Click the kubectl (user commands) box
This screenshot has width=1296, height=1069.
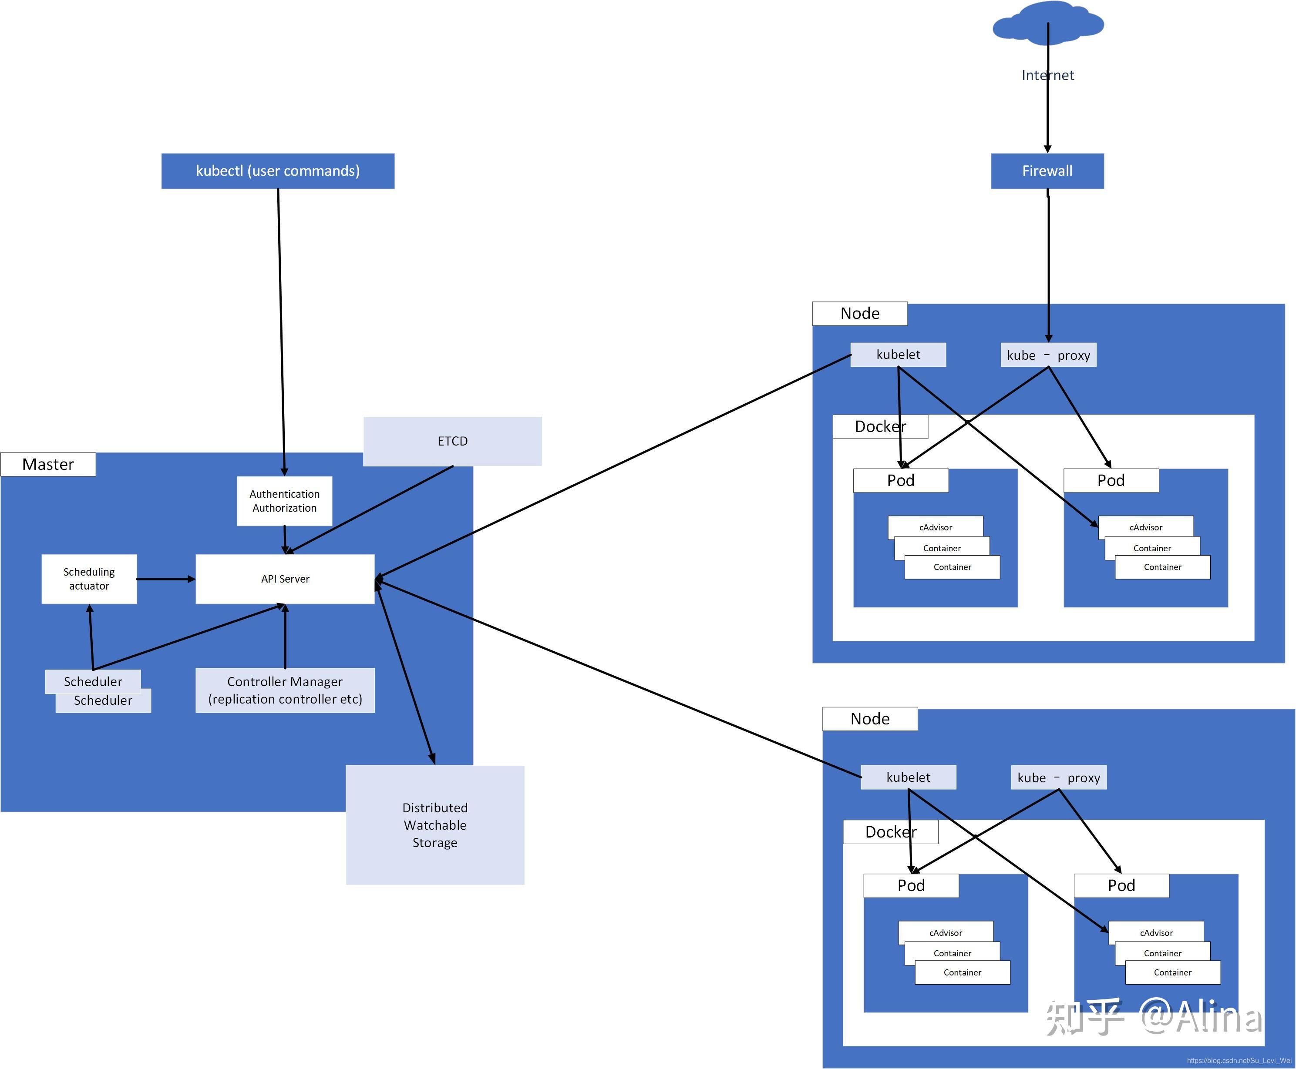pos(277,171)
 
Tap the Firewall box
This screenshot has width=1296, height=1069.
pos(1047,171)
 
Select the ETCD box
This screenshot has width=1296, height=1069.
pos(452,441)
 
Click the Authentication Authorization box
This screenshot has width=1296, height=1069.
pos(284,501)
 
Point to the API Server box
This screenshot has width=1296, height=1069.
pos(285,579)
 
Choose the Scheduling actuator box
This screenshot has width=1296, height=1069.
pos(89,579)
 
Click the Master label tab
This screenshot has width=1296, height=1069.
pos(48,464)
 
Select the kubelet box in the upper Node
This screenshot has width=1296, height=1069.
pos(898,355)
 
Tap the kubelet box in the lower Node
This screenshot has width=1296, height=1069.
pos(908,777)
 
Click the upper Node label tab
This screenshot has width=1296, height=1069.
pos(859,313)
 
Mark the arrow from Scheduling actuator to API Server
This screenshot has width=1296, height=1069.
pos(165,579)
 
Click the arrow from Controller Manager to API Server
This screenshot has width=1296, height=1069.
pos(285,637)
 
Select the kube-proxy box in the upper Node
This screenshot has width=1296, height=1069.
pos(1048,355)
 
